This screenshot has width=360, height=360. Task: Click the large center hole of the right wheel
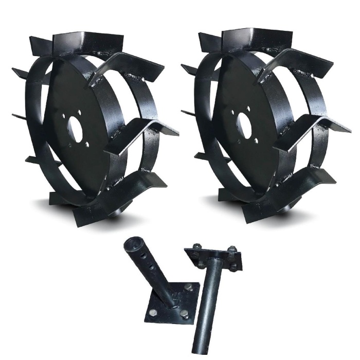pos(246,124)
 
